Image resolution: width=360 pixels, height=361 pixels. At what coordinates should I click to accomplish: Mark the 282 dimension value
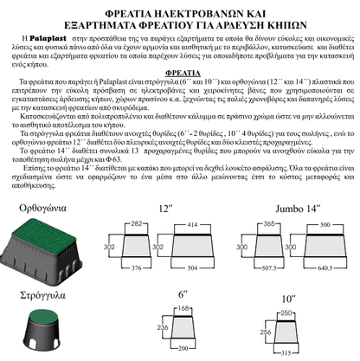pyautogui.click(x=136, y=223)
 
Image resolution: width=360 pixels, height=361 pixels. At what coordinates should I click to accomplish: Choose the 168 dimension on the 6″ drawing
pyautogui.click(x=183, y=309)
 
